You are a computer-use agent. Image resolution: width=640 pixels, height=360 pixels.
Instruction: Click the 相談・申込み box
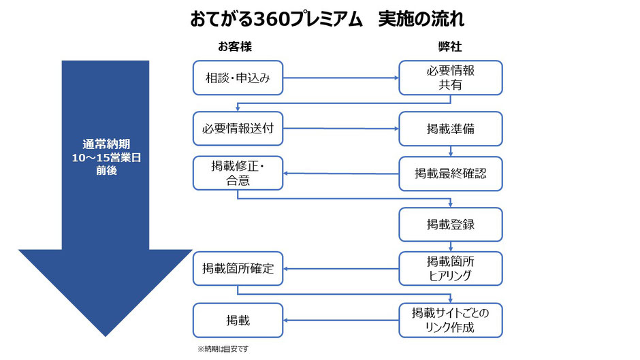click(238, 78)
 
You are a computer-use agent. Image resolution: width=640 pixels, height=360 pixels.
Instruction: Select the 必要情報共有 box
click(451, 78)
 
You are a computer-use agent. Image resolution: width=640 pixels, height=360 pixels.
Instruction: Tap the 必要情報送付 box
click(238, 129)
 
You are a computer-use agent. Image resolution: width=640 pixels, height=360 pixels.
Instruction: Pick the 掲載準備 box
click(451, 129)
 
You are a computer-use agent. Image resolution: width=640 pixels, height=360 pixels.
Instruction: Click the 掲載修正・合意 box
click(238, 173)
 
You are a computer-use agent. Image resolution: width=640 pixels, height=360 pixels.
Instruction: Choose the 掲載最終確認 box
click(451, 174)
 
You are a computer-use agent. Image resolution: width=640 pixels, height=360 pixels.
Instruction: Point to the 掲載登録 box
click(451, 225)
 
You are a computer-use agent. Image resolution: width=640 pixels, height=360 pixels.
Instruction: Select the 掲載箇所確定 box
click(238, 269)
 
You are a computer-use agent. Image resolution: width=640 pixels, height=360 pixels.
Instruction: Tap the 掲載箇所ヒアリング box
click(451, 269)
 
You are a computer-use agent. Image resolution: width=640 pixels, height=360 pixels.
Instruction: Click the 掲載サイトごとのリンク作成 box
click(451, 321)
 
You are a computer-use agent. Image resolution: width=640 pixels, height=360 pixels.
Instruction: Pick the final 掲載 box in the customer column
click(238, 321)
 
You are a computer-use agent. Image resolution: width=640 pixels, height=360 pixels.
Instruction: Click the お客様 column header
click(235, 46)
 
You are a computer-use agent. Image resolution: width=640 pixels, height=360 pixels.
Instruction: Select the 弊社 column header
click(450, 46)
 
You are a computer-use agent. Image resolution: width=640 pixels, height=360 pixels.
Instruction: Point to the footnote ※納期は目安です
click(223, 349)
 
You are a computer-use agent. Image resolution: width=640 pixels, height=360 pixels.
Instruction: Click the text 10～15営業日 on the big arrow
click(106, 158)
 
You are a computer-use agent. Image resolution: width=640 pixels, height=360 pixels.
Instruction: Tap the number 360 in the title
click(272, 19)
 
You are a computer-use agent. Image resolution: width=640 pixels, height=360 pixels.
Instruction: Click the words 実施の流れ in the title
click(421, 19)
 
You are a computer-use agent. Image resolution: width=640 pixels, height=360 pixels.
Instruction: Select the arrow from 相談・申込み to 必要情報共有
click(341, 78)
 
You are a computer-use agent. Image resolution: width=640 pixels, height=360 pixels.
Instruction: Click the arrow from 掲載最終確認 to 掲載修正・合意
click(341, 174)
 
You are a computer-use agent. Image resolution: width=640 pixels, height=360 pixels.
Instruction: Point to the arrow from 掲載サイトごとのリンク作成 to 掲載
click(341, 321)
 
